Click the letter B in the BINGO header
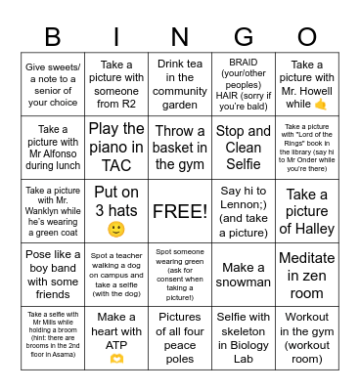[x=53, y=36]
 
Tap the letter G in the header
[x=244, y=36]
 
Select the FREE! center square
[x=180, y=210]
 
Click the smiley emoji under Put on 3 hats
[x=116, y=230]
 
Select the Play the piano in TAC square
[x=116, y=147]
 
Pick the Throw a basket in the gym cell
[x=180, y=147]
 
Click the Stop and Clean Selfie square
[x=244, y=147]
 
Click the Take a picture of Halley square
[x=307, y=210]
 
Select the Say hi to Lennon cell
[x=244, y=210]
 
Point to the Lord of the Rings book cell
[x=307, y=147]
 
